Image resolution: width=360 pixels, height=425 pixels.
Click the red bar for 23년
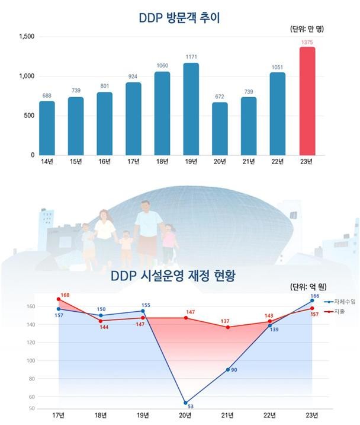(315, 101)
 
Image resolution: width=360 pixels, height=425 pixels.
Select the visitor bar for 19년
(191, 109)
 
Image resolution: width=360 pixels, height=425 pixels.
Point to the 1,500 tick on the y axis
(26, 37)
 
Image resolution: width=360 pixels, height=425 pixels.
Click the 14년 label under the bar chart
(47, 161)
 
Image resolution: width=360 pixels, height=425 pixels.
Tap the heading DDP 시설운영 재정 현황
(173, 276)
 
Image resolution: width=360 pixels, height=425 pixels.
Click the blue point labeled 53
(185, 402)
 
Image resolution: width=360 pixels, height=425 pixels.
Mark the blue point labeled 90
(227, 369)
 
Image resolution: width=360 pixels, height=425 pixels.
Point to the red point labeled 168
(59, 299)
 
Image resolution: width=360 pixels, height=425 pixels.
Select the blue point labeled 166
(312, 301)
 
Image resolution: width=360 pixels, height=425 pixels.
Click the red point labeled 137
(227, 327)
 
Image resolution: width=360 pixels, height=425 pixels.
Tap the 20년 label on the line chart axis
(185, 414)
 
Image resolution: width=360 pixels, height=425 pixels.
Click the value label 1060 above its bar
(162, 66)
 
